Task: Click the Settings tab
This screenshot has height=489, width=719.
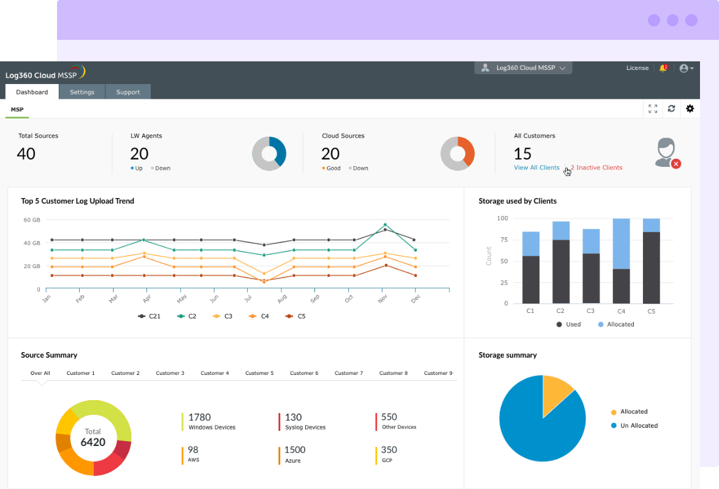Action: point(82,92)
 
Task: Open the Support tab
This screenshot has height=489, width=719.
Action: point(128,92)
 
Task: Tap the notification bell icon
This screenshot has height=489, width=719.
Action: point(663,68)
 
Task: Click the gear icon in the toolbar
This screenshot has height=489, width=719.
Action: point(690,109)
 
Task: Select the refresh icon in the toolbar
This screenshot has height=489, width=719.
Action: point(671,109)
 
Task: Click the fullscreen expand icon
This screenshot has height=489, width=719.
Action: point(653,109)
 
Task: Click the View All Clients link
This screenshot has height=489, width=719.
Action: point(536,167)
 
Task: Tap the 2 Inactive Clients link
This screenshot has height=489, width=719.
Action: point(596,167)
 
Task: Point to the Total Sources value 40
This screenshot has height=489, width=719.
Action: point(26,153)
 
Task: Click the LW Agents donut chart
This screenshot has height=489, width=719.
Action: point(269,153)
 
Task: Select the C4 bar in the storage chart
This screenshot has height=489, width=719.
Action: point(621,261)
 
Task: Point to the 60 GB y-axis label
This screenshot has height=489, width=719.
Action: point(32,220)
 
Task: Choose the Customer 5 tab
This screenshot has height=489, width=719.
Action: point(259,373)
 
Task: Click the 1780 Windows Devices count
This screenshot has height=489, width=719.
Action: point(200,417)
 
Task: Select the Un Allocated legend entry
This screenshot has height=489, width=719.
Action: point(639,425)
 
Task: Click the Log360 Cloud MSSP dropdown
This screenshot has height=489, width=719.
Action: point(523,68)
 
